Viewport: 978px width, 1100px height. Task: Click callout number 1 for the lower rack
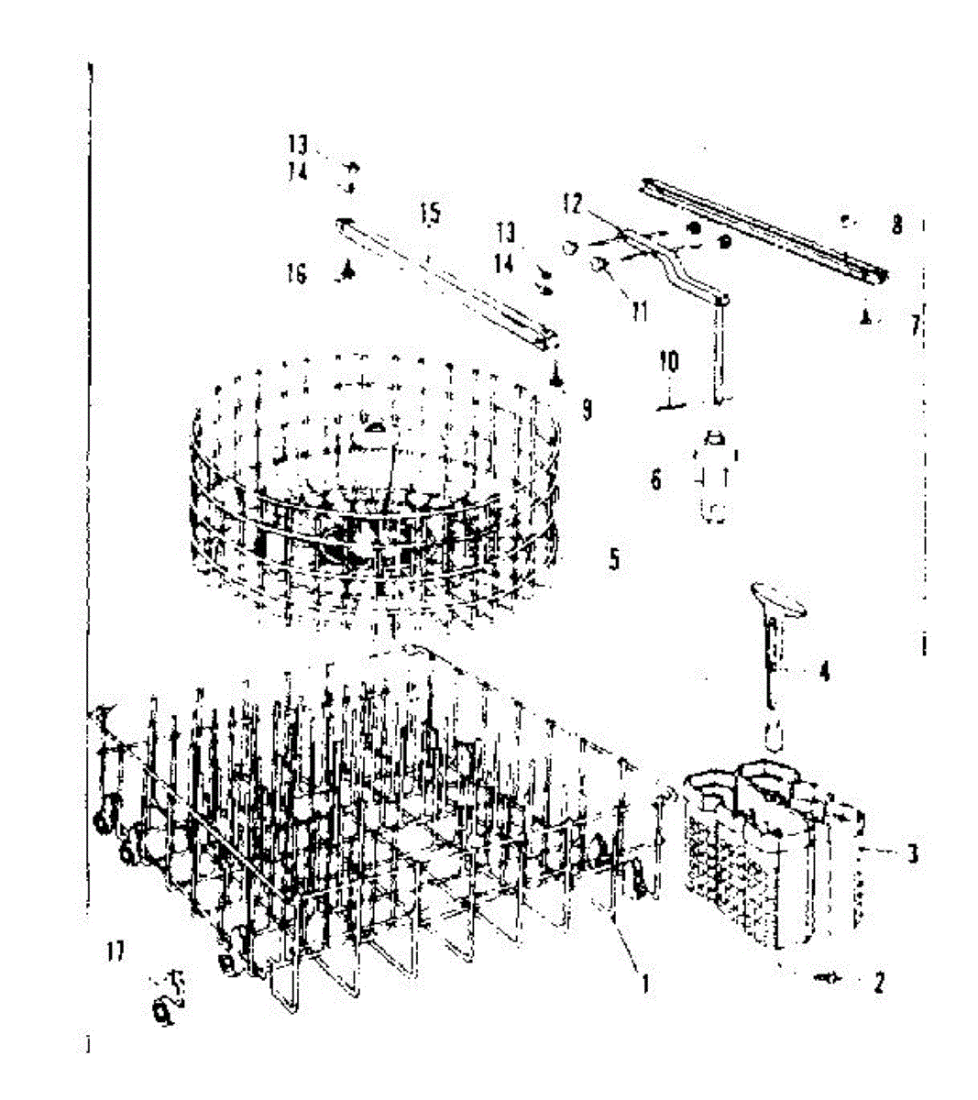pyautogui.click(x=644, y=985)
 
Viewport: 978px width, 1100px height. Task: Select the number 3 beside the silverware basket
pyautogui.click(x=912, y=854)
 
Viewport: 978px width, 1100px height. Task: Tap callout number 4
pyautogui.click(x=824, y=672)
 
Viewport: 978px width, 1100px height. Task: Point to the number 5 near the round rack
pyautogui.click(x=614, y=558)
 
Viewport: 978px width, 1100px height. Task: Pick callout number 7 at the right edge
pyautogui.click(x=915, y=325)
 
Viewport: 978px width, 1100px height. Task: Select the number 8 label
pyautogui.click(x=896, y=224)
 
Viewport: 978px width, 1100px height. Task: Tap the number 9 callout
pyautogui.click(x=587, y=409)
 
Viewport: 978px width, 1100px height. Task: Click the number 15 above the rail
pyautogui.click(x=430, y=214)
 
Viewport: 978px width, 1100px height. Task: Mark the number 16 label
pyautogui.click(x=296, y=273)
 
